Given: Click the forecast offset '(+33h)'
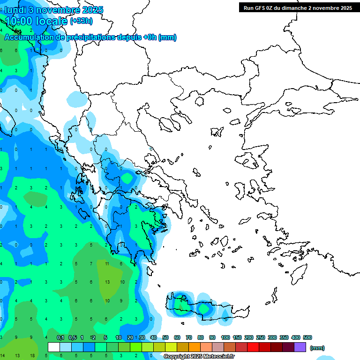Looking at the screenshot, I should pyautogui.click(x=82, y=21).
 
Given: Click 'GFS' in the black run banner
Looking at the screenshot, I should pyautogui.click(x=261, y=7).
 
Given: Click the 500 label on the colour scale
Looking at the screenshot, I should pyautogui.click(x=307, y=337).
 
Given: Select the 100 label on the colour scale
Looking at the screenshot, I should pyautogui.click(x=225, y=337).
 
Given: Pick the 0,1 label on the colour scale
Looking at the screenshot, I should pyautogui.click(x=60, y=337).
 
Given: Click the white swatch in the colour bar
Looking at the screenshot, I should pyautogui.click(x=54, y=347).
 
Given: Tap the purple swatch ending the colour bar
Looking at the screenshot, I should pyautogui.click(x=300, y=347).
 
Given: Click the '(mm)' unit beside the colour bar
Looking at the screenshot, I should pyautogui.click(x=317, y=348).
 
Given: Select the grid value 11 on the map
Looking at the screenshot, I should pyautogui.click(x=107, y=264).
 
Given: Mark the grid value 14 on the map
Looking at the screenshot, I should pyautogui.click(x=3, y=356).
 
